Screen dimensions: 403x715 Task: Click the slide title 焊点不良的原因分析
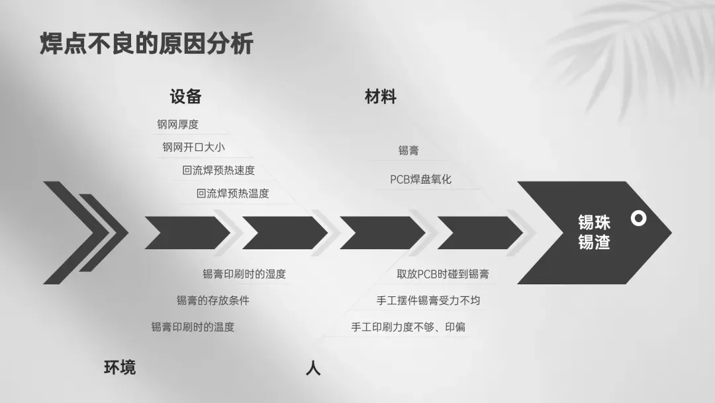pyautogui.click(x=146, y=44)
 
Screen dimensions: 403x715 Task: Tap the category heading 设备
pyautogui.click(x=185, y=97)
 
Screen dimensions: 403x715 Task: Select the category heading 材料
pyautogui.click(x=381, y=97)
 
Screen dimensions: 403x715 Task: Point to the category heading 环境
pyautogui.click(x=120, y=367)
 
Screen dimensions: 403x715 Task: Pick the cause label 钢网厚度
pyautogui.click(x=177, y=124)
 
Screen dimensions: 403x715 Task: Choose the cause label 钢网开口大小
pyautogui.click(x=193, y=147)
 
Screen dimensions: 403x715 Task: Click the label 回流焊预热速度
pyautogui.click(x=218, y=170)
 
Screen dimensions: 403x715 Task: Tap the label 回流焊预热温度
pyautogui.click(x=232, y=194)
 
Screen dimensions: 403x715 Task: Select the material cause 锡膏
pyautogui.click(x=408, y=150)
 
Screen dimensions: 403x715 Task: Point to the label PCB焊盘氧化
pyautogui.click(x=420, y=180)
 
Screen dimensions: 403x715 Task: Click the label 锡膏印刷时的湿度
pyautogui.click(x=244, y=274)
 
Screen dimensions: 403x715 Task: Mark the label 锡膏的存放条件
pyautogui.click(x=213, y=300)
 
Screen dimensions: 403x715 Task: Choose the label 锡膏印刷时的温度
pyautogui.click(x=193, y=327)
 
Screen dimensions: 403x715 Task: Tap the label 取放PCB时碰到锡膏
pyautogui.click(x=443, y=274)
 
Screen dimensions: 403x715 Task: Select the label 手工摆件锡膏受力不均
pyautogui.click(x=428, y=300)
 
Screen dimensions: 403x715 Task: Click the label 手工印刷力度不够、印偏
pyautogui.click(x=408, y=327)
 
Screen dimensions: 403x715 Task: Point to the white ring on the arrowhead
pyautogui.click(x=638, y=218)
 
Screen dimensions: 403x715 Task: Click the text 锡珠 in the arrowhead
pyautogui.click(x=594, y=223)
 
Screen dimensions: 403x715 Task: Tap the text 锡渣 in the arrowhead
pyautogui.click(x=594, y=243)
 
